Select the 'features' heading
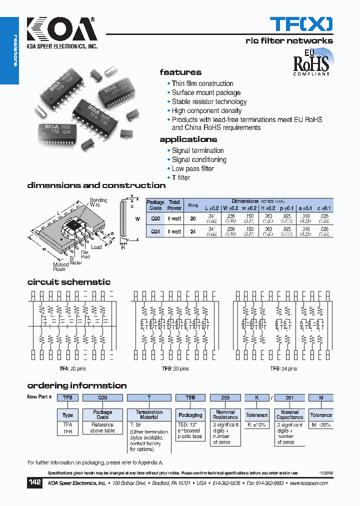pyautogui.click(x=180, y=72)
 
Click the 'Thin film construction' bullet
pyautogui.click(x=202, y=83)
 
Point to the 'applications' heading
pyautogui.click(x=188, y=139)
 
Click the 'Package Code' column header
pyautogui.click(x=155, y=205)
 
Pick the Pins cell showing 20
pyautogui.click(x=192, y=218)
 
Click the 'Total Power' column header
pyautogui.click(x=174, y=205)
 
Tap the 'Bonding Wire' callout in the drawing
pyautogui.click(x=98, y=202)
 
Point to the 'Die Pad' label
pyautogui.click(x=85, y=254)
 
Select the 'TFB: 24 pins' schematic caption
pyautogui.click(x=283, y=368)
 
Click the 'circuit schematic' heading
pyautogui.click(x=69, y=282)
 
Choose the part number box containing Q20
pyautogui.click(x=102, y=397)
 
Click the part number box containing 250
pyautogui.click(x=225, y=397)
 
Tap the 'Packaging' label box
pyautogui.click(x=190, y=415)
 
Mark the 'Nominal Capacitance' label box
pyautogui.click(x=290, y=415)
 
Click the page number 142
pyautogui.click(x=34, y=483)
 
